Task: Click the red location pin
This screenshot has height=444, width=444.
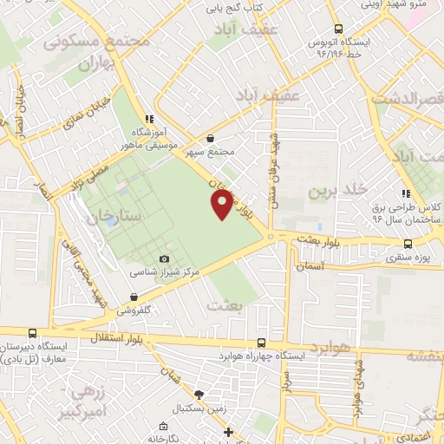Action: [x=222, y=204]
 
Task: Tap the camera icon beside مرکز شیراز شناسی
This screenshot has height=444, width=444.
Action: [x=165, y=258]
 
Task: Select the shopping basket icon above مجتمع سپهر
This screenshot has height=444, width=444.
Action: [x=211, y=137]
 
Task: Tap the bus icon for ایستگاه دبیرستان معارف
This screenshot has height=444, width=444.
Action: [x=33, y=333]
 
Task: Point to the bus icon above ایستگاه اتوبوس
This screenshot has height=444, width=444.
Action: [x=339, y=27]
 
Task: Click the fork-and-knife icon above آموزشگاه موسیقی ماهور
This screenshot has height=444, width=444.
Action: [x=150, y=118]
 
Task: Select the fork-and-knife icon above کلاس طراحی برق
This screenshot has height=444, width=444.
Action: [x=405, y=194]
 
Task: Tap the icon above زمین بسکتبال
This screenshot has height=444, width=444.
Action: [x=199, y=395]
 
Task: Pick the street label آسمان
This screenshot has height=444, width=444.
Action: [x=309, y=268]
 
